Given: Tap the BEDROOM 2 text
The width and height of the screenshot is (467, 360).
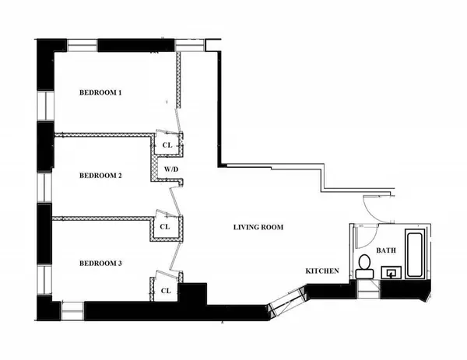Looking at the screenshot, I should click(101, 176).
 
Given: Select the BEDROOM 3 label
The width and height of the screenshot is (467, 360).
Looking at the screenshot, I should click(101, 264).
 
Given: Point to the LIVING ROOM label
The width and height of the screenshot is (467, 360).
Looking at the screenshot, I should click(258, 227).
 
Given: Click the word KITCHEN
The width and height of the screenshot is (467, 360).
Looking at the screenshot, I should click(321, 271).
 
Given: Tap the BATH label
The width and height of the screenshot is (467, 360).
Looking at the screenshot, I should click(387, 250).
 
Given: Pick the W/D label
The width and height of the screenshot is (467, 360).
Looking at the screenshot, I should click(169, 169).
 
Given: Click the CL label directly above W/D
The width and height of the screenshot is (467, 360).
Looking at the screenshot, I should click(166, 145).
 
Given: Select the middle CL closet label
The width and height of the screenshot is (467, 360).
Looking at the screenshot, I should click(165, 227).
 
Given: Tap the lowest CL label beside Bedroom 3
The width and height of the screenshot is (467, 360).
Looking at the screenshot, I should click(166, 290).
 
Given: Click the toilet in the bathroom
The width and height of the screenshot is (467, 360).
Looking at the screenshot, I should click(363, 265).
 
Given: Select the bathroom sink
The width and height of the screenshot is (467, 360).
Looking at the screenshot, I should click(392, 272).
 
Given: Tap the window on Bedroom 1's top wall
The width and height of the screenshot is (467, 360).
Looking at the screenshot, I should click(81, 45).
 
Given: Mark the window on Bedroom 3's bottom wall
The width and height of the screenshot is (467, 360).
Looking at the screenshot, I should click(71, 311).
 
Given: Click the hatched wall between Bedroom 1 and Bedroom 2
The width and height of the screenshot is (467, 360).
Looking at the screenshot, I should click(101, 133).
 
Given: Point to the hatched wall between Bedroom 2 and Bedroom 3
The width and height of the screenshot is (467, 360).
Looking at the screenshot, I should click(101, 217).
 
